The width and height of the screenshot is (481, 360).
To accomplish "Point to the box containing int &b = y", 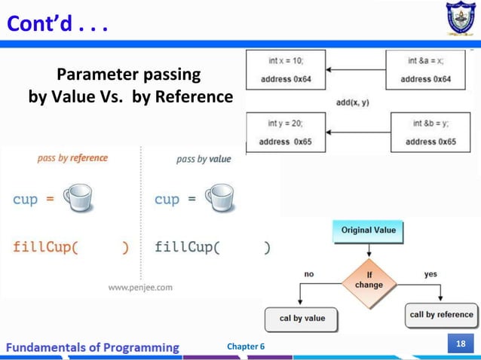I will pyautogui.click(x=430, y=132).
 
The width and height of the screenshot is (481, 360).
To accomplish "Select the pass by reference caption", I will pyautogui.click(x=72, y=158).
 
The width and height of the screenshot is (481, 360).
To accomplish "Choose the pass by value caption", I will pyautogui.click(x=204, y=159).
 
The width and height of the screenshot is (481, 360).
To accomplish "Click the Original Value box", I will pyautogui.click(x=368, y=230).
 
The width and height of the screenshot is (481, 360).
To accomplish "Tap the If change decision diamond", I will pyautogui.click(x=369, y=281).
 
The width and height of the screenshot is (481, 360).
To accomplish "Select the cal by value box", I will pyautogui.click(x=302, y=319).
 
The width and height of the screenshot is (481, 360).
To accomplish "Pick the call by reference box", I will pyautogui.click(x=441, y=315).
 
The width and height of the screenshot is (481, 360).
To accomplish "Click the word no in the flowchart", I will pyautogui.click(x=309, y=274).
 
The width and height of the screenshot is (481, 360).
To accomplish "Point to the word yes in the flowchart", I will pyautogui.click(x=430, y=274).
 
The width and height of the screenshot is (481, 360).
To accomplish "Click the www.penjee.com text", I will pyautogui.click(x=140, y=286).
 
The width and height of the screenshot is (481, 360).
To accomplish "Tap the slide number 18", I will pyautogui.click(x=458, y=345).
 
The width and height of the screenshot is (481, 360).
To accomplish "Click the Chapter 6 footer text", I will pyautogui.click(x=246, y=346).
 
